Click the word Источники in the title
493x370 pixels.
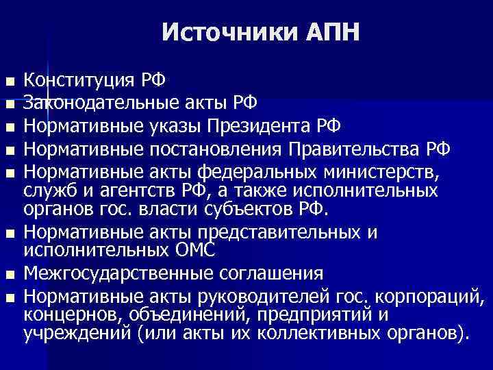[x=220, y=32]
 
